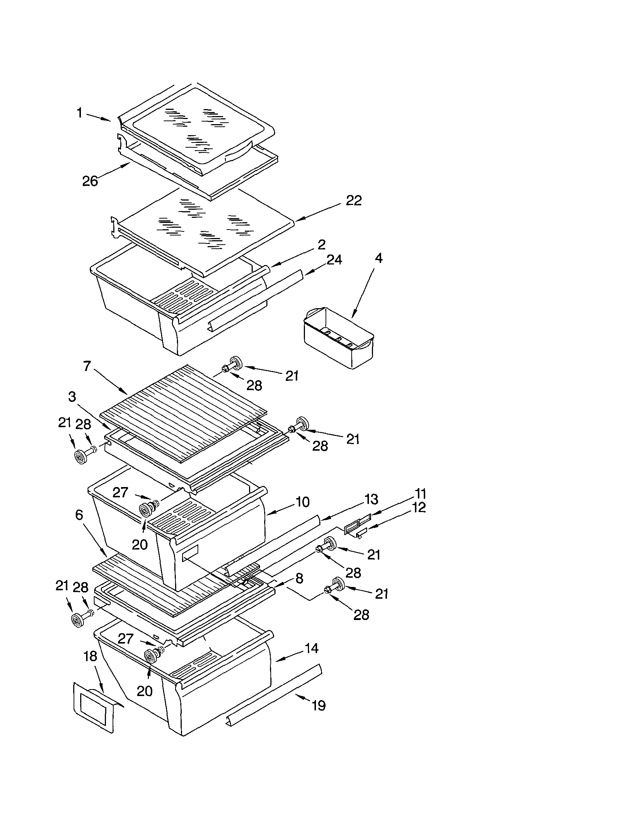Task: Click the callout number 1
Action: (79, 113)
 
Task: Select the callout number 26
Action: (90, 181)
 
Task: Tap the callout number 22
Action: (353, 201)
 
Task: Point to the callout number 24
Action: (334, 260)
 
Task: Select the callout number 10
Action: (302, 502)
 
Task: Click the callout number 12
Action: (419, 508)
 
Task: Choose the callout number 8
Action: (299, 578)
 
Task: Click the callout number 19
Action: (319, 706)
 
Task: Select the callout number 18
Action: (90, 656)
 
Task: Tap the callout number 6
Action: (79, 515)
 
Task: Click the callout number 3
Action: (72, 397)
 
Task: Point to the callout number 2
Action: (321, 245)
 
